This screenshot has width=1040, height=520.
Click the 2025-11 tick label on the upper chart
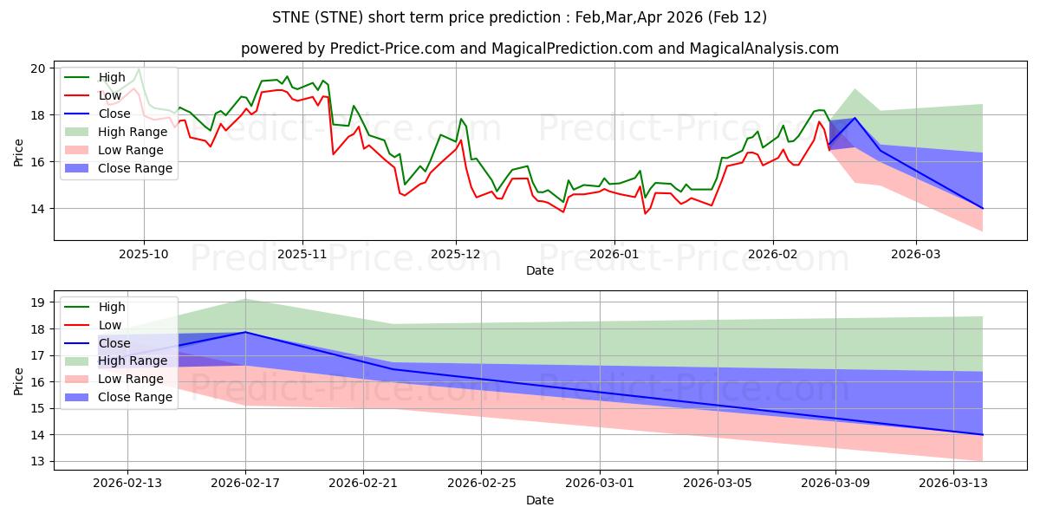pos(302,254)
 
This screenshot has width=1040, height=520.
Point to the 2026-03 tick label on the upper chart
pos(916,254)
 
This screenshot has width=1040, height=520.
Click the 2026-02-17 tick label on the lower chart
pos(245,484)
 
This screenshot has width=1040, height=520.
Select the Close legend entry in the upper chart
pos(114,114)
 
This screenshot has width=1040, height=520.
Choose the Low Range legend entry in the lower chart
pos(130,379)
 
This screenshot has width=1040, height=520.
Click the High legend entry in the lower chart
pos(112,307)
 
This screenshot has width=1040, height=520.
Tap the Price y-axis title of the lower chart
pos(18,380)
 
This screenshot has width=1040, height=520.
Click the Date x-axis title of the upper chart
pos(540,270)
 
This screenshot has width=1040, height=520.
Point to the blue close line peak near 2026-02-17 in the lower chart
pos(245,332)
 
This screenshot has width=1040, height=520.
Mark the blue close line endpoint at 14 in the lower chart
pos(983,434)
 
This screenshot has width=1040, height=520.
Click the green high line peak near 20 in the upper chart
pos(139,68)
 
